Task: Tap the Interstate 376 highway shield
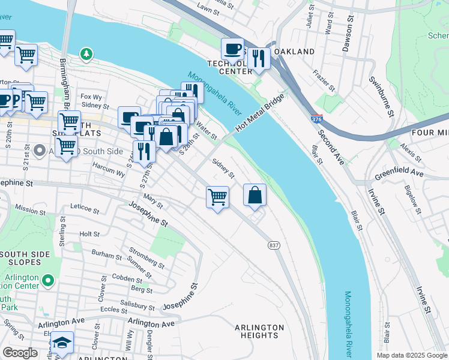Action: click(x=317, y=119)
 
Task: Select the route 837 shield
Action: click(x=274, y=245)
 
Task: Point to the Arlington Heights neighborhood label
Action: click(x=259, y=331)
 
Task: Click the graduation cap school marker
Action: click(x=61, y=342)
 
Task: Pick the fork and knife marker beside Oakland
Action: click(x=259, y=58)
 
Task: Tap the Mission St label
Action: click(x=30, y=209)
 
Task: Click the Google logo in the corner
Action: click(x=20, y=353)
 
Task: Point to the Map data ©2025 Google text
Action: click(x=411, y=355)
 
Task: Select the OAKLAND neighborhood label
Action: click(x=294, y=52)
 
